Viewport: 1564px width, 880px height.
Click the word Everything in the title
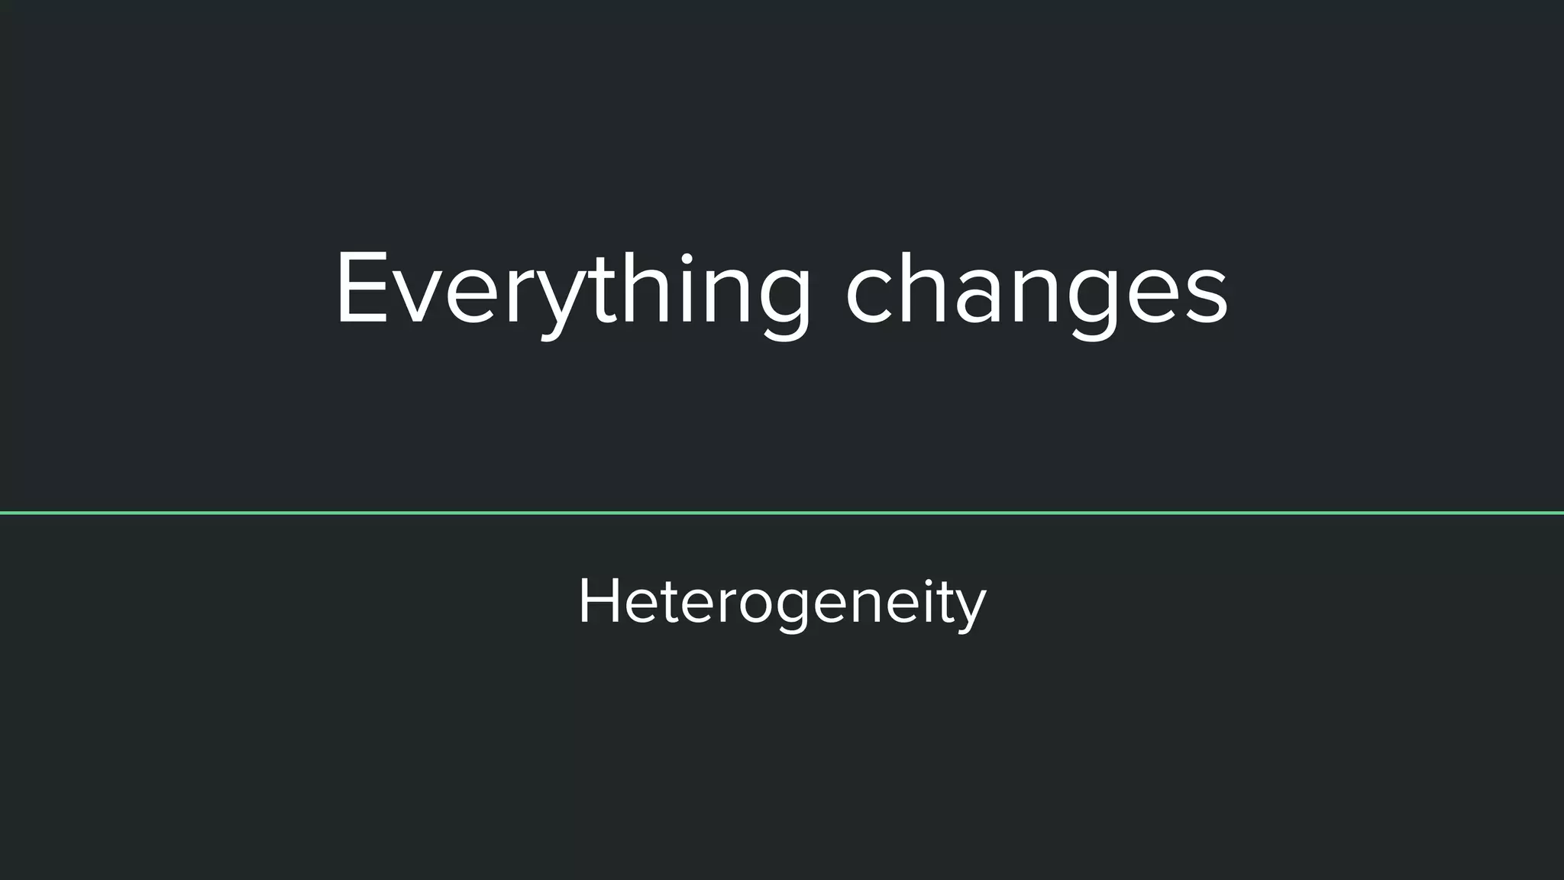click(x=573, y=290)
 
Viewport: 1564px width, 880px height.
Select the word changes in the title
click(x=1036, y=290)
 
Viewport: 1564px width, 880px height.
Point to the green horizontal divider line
click(x=782, y=513)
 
